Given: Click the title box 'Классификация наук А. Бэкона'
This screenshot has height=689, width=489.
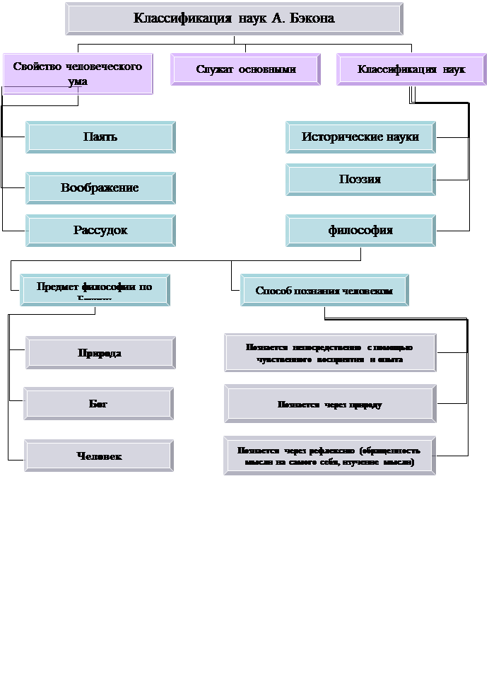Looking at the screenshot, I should (x=234, y=18).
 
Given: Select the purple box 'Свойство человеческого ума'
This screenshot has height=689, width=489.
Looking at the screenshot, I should (x=78, y=74).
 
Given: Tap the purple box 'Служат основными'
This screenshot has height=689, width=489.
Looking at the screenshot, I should (x=245, y=69).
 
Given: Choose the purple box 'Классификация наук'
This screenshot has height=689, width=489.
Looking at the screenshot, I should (x=411, y=69).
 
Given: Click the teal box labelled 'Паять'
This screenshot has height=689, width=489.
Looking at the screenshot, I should (x=100, y=137).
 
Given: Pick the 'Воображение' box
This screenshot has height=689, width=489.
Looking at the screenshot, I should (x=100, y=188).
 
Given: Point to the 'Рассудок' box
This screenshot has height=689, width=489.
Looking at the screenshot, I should (x=100, y=231).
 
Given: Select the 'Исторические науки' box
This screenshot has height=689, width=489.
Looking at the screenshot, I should (x=360, y=137).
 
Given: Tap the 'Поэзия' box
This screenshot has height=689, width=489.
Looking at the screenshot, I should (x=360, y=180).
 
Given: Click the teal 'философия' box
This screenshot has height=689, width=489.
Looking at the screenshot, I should (x=360, y=231).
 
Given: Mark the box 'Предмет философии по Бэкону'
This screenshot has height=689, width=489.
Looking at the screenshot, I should (x=95, y=290).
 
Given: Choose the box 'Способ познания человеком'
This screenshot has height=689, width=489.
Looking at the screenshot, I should (x=324, y=291).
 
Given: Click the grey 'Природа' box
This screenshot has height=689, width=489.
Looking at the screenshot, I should (x=100, y=352).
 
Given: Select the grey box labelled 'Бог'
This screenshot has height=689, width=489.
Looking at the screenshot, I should (x=98, y=403).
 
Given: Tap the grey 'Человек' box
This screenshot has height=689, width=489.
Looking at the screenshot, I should (x=99, y=456).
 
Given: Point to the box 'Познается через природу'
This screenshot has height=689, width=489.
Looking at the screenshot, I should (x=330, y=405).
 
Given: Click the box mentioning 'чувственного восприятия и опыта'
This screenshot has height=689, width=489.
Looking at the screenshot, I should (x=330, y=353).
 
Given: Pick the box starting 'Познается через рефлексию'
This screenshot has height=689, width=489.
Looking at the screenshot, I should (x=329, y=456).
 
